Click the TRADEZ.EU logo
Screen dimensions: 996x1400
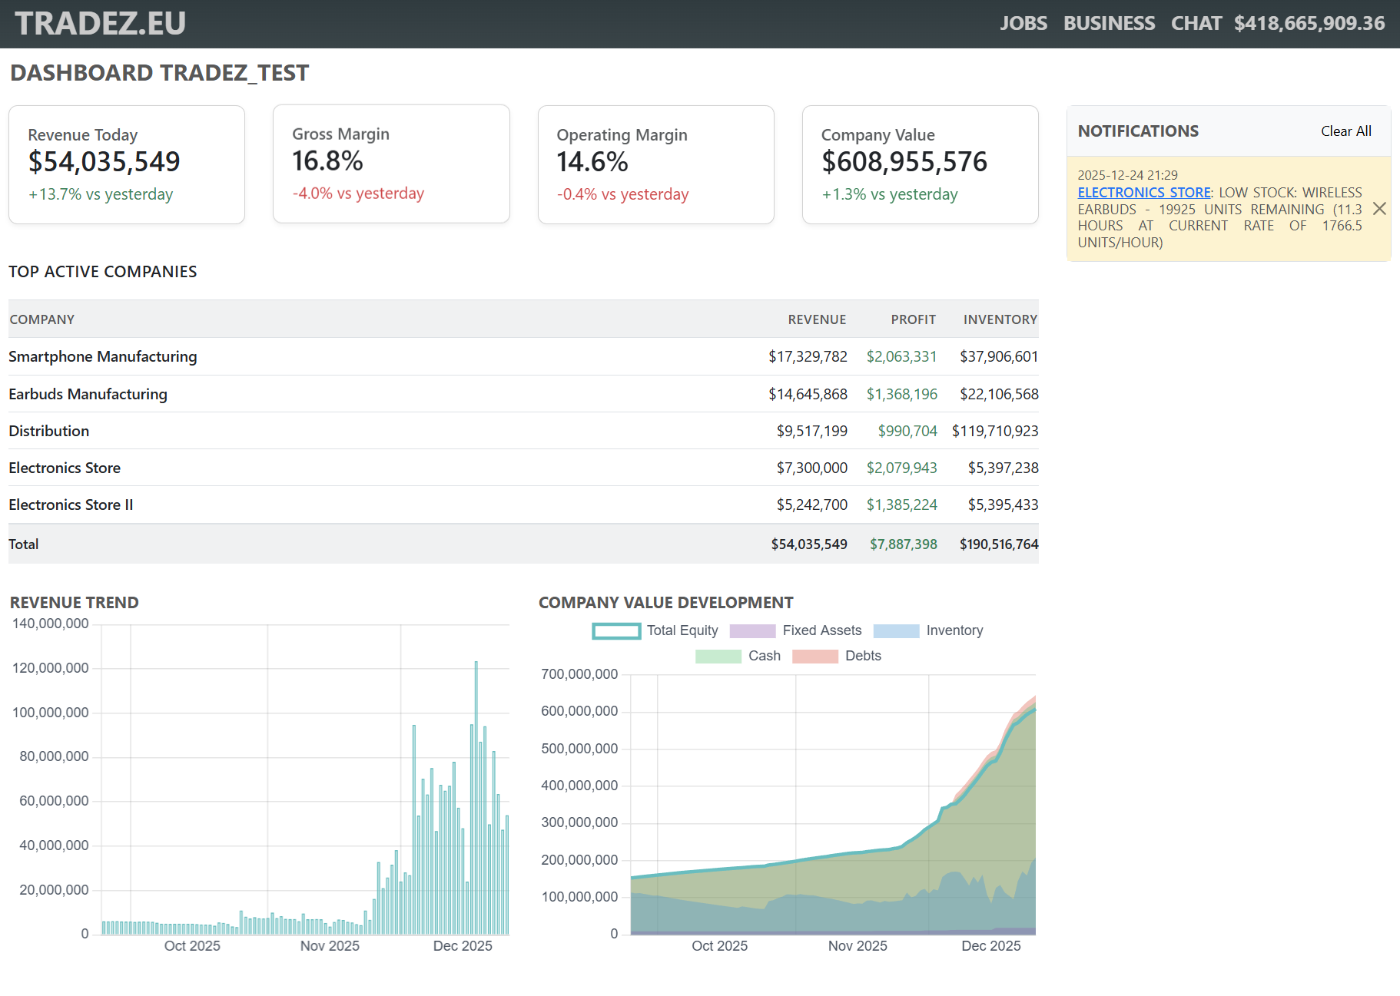coord(100,23)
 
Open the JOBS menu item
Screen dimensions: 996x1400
coord(1023,23)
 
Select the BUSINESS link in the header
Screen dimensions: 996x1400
coord(1108,23)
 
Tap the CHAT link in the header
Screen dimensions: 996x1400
coord(1196,23)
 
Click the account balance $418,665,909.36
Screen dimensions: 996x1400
coord(1309,23)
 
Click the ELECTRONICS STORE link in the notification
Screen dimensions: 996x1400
coord(1143,193)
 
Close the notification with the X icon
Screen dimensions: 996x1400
coord(1379,209)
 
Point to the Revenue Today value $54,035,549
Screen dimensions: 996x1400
coord(104,162)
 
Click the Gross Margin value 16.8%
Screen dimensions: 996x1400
coord(327,161)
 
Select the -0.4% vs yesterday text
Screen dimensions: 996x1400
coord(622,194)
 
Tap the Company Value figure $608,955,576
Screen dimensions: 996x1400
coord(904,162)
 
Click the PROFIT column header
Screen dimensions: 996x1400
coord(913,319)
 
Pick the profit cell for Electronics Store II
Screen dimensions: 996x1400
coord(901,505)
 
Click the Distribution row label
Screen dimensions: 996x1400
coord(49,431)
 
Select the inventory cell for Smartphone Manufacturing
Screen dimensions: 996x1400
coord(998,356)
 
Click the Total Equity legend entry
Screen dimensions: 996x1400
coord(655,630)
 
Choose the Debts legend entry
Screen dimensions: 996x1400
coord(837,656)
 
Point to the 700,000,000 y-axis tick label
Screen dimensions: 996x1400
coord(579,674)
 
